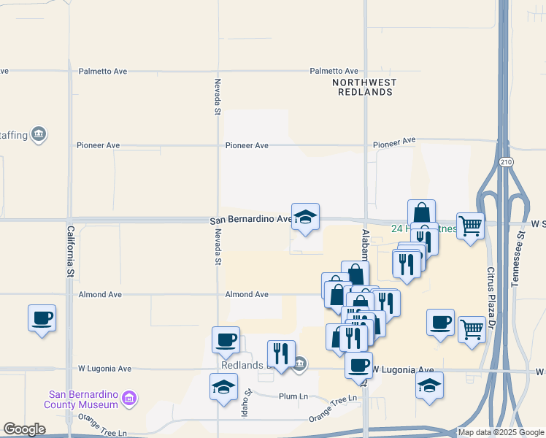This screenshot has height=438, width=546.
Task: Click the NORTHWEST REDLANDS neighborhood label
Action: [x=363, y=88]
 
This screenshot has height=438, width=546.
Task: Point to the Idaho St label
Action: [x=248, y=402]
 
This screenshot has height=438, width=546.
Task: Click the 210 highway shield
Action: [x=504, y=161]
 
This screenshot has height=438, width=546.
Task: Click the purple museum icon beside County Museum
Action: [x=129, y=399]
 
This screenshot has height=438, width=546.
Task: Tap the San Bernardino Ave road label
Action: [x=250, y=219]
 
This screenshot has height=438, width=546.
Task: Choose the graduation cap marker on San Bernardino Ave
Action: [x=306, y=217]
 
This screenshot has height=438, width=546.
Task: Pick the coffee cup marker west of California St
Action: [x=42, y=318]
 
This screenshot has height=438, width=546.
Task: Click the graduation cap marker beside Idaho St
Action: [x=224, y=388]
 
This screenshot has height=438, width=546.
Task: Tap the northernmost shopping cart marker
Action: [x=470, y=226]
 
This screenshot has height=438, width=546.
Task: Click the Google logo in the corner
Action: [x=24, y=429]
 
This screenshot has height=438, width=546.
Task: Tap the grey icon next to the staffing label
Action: [x=39, y=134]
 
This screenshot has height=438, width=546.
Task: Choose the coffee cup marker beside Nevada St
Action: [x=226, y=340]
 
